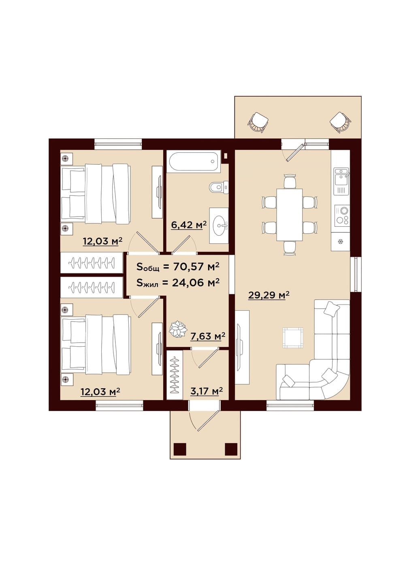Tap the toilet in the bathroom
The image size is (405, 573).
218,187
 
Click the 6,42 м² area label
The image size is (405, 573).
189,225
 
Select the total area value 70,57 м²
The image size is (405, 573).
196,266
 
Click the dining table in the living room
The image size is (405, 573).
289,215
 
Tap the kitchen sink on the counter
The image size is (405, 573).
341,176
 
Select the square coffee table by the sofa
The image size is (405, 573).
293,338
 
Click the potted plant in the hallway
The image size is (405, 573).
178,330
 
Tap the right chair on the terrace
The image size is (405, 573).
341,123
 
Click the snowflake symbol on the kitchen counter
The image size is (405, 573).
340,241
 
